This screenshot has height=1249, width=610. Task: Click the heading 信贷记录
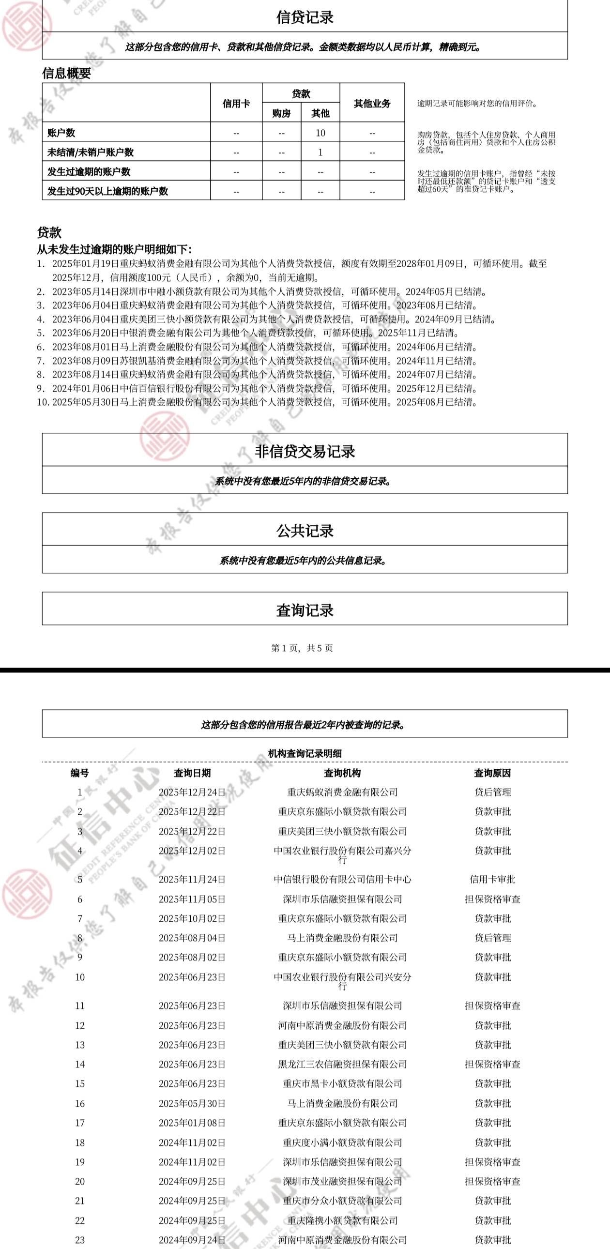(x=305, y=17)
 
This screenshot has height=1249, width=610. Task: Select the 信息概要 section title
(x=66, y=73)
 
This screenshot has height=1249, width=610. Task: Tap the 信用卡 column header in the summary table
(x=236, y=103)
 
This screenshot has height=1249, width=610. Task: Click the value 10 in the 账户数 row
(x=320, y=133)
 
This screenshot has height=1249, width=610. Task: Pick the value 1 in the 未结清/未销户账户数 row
(x=320, y=152)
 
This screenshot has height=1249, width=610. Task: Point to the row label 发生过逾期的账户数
(x=89, y=172)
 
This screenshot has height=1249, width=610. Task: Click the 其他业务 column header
(x=372, y=103)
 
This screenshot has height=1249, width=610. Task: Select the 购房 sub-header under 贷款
(x=281, y=113)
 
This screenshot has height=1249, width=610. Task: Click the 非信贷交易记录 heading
(x=305, y=451)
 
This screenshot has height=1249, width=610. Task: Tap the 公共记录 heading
(x=305, y=531)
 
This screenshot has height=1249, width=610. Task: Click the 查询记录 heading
(x=305, y=610)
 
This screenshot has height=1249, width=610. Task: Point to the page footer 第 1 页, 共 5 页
(x=302, y=648)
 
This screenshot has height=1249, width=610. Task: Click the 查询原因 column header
(x=492, y=773)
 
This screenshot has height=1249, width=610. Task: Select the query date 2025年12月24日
(x=192, y=792)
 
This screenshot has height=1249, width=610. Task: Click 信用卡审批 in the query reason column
(x=492, y=879)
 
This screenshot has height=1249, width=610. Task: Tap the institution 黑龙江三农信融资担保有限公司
(x=342, y=1064)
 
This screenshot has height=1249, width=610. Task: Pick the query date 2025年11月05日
(x=192, y=899)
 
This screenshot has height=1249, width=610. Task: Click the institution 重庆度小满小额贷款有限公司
(x=342, y=1142)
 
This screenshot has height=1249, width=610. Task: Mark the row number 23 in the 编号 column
(x=80, y=1240)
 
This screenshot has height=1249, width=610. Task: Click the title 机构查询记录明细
(x=305, y=753)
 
